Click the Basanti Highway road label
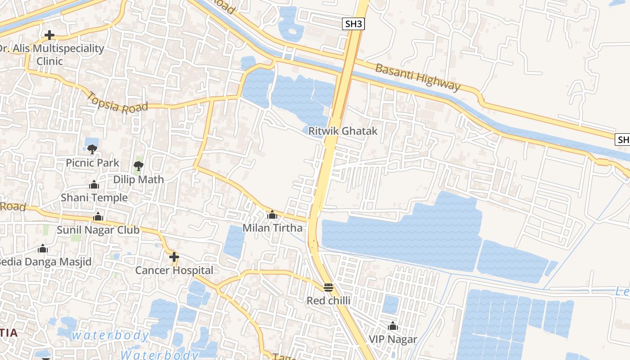(418, 77)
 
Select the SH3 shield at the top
(353, 24)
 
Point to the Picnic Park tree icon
(92, 148)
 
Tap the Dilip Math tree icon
(139, 166)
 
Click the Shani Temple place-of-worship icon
(94, 184)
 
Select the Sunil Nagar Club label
(98, 230)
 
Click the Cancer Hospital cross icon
(174, 257)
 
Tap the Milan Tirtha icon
(272, 215)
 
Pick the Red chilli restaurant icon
(328, 288)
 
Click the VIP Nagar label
(393, 339)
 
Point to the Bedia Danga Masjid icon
(43, 248)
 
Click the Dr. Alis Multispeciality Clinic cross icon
(49, 35)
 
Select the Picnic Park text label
(93, 162)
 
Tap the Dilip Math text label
(139, 179)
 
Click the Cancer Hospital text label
(174, 270)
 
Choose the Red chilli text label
(328, 301)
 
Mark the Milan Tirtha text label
(272, 228)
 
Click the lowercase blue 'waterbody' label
(110, 335)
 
